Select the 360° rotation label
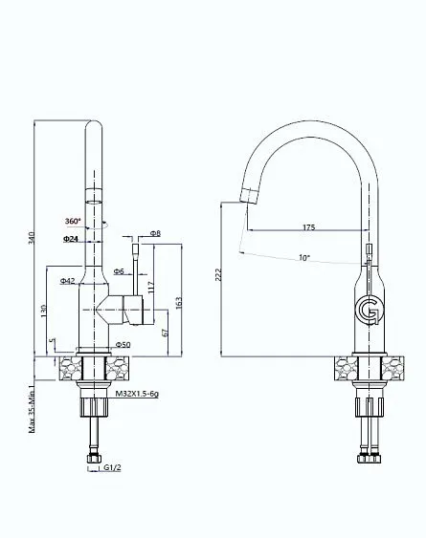coord(72,221)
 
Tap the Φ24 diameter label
coord(71,238)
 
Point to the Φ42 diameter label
coord(67,281)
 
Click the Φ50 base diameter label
coord(123,344)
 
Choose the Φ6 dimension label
coord(120,272)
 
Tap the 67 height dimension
coord(165,332)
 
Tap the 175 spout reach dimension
coord(308,227)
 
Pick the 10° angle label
coord(304,257)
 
